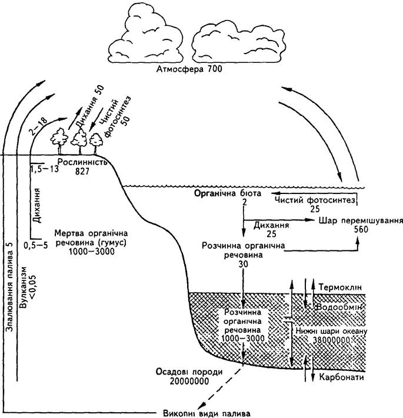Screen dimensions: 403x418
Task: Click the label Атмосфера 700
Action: pos(189,69)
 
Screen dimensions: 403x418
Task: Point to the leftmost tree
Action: pos(59,141)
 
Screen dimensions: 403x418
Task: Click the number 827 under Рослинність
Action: pos(82,172)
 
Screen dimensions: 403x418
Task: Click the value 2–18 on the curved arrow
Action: pos(38,126)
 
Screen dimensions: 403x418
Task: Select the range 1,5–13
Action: pos(45,169)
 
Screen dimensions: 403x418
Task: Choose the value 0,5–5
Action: pos(36,245)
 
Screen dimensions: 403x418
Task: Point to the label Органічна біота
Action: pos(228,193)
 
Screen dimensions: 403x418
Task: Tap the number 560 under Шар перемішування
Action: pos(361,229)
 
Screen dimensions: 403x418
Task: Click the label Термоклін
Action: pos(341,287)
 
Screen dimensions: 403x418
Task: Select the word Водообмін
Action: pos(339,307)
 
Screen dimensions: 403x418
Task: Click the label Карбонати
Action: pos(342,377)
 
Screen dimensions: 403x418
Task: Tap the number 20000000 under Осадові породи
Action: pos(189,382)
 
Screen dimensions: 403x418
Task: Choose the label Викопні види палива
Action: pos(207,413)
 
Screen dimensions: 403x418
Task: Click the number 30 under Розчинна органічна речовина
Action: pos(244,264)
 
